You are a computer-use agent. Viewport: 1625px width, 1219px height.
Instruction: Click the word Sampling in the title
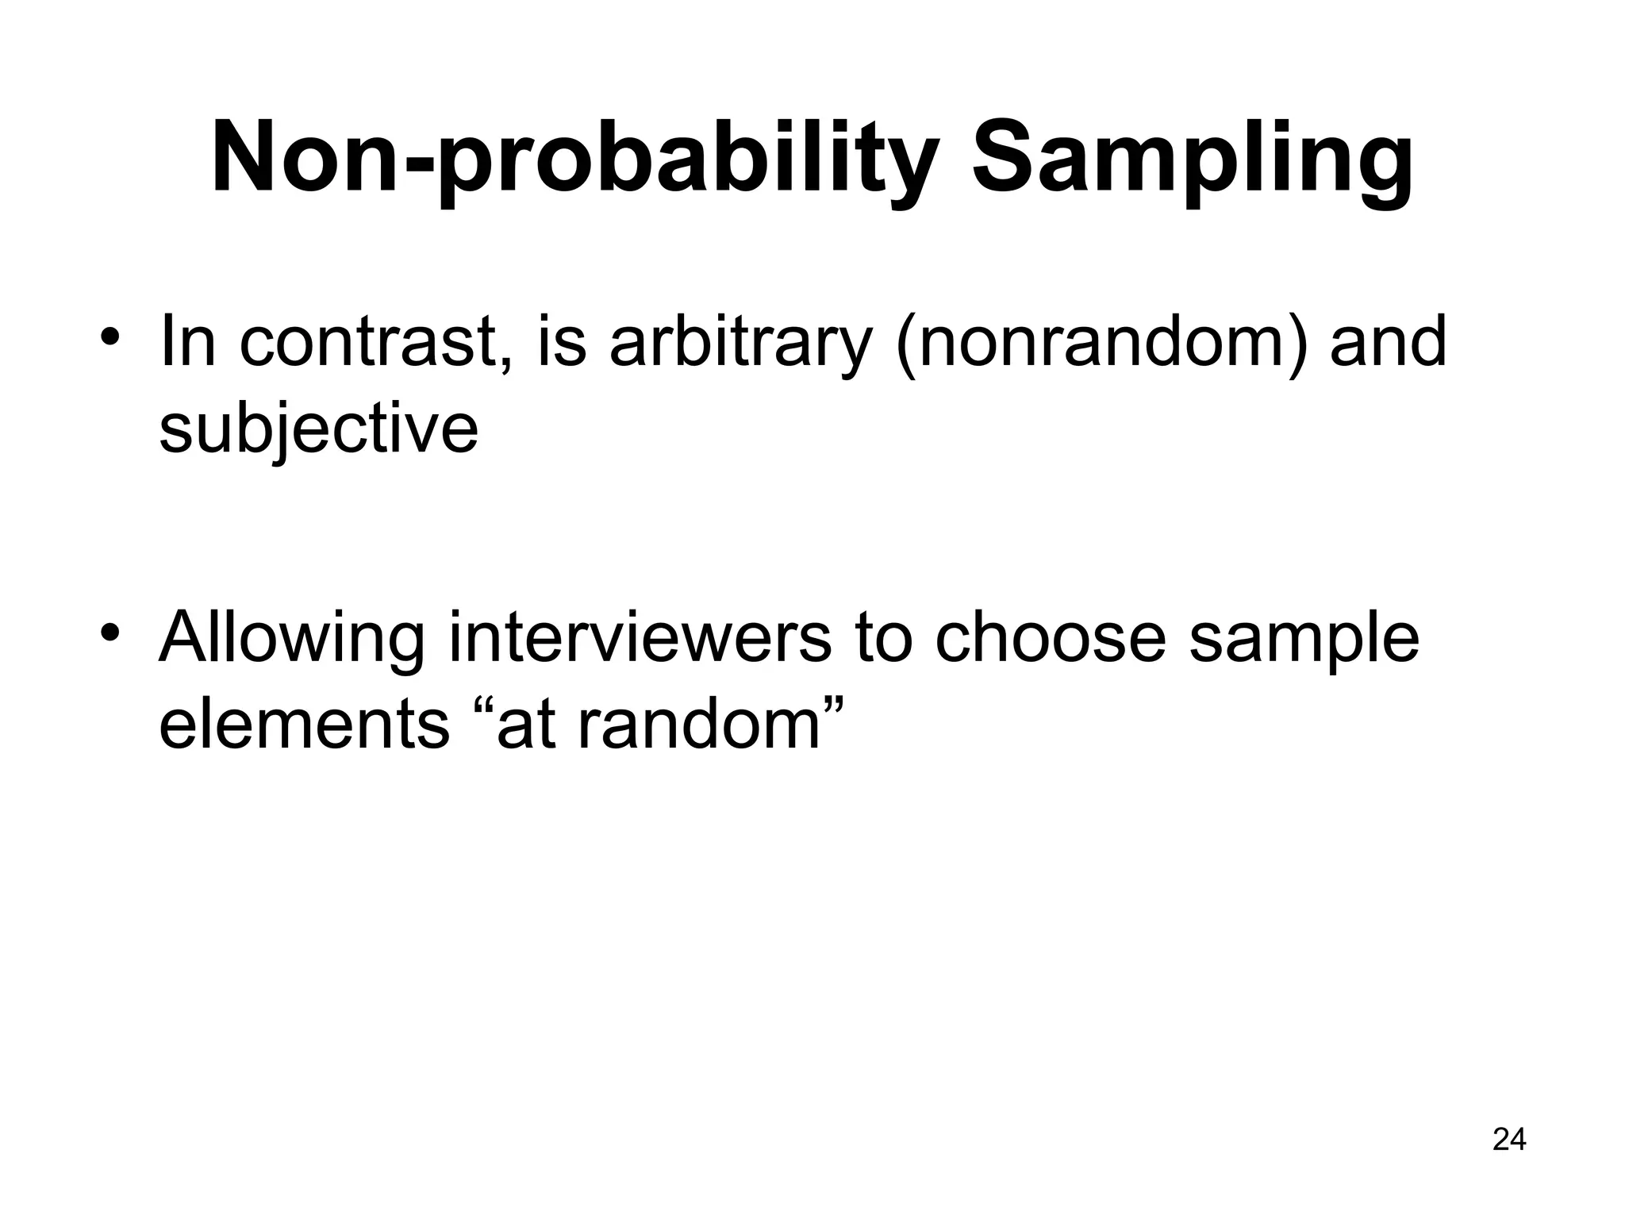[1193, 159]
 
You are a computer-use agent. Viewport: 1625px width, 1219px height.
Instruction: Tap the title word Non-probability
[575, 159]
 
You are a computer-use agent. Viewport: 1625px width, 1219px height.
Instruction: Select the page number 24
[1509, 1140]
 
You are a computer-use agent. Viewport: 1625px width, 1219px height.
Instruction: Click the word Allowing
[292, 640]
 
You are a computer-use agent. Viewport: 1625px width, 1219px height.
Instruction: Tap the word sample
[1304, 640]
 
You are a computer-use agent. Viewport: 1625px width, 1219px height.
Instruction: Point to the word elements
[305, 724]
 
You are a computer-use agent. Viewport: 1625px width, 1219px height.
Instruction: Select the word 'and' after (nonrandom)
[1388, 343]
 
